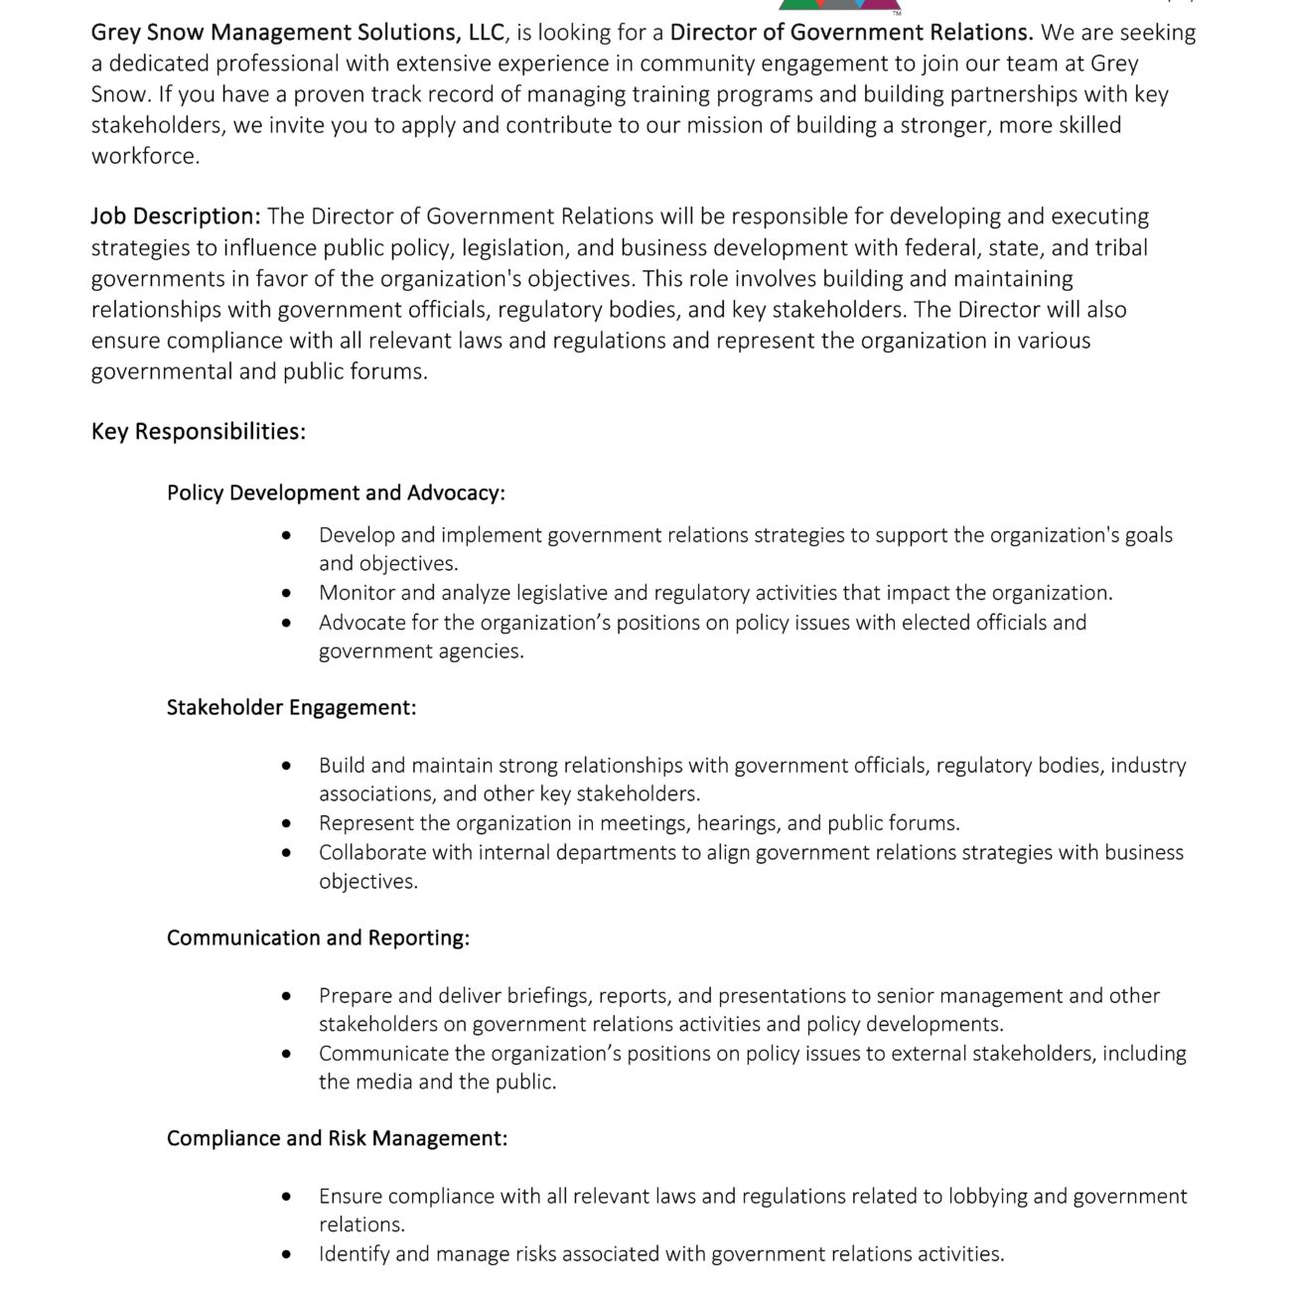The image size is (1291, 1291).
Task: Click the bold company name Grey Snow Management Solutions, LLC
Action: pyautogui.click(x=298, y=33)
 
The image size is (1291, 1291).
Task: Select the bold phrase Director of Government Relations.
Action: pyautogui.click(x=851, y=33)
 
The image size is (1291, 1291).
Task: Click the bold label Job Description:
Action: pyautogui.click(x=176, y=216)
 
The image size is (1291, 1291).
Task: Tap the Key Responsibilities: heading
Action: pyautogui.click(x=199, y=432)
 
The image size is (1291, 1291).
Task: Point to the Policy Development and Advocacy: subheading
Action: pyautogui.click(x=336, y=494)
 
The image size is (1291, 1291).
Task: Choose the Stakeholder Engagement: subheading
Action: pyautogui.click(x=291, y=708)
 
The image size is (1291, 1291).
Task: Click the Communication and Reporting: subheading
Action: pyautogui.click(x=318, y=938)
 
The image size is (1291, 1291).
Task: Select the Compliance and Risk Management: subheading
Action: pyautogui.click(x=337, y=1139)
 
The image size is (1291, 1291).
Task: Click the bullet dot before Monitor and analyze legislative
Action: pyautogui.click(x=287, y=594)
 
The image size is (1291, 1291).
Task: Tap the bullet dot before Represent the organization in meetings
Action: pyautogui.click(x=287, y=824)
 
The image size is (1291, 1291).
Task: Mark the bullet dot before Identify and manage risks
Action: pyautogui.click(x=287, y=1255)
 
